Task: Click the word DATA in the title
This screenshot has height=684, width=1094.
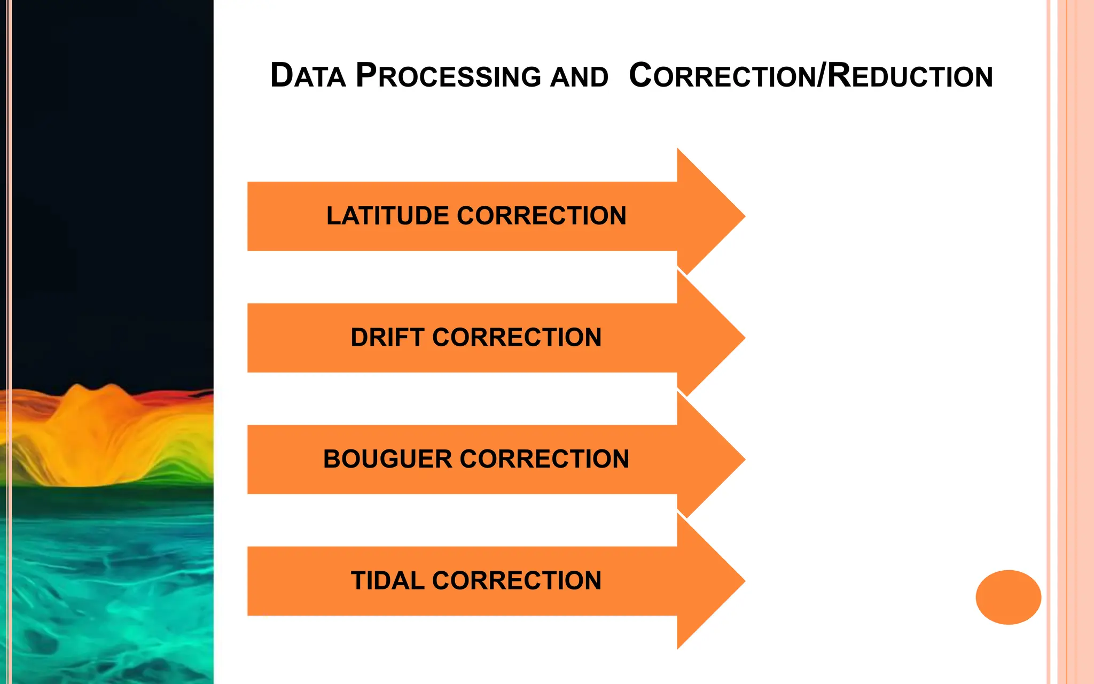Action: click(x=308, y=75)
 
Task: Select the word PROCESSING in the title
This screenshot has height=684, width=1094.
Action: click(x=448, y=75)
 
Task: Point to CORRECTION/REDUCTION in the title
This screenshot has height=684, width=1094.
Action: click(x=810, y=75)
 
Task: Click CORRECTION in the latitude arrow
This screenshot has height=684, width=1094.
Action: click(x=542, y=216)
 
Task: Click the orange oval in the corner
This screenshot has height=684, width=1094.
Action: click(x=1008, y=597)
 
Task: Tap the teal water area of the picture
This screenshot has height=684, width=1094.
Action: click(x=107, y=588)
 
